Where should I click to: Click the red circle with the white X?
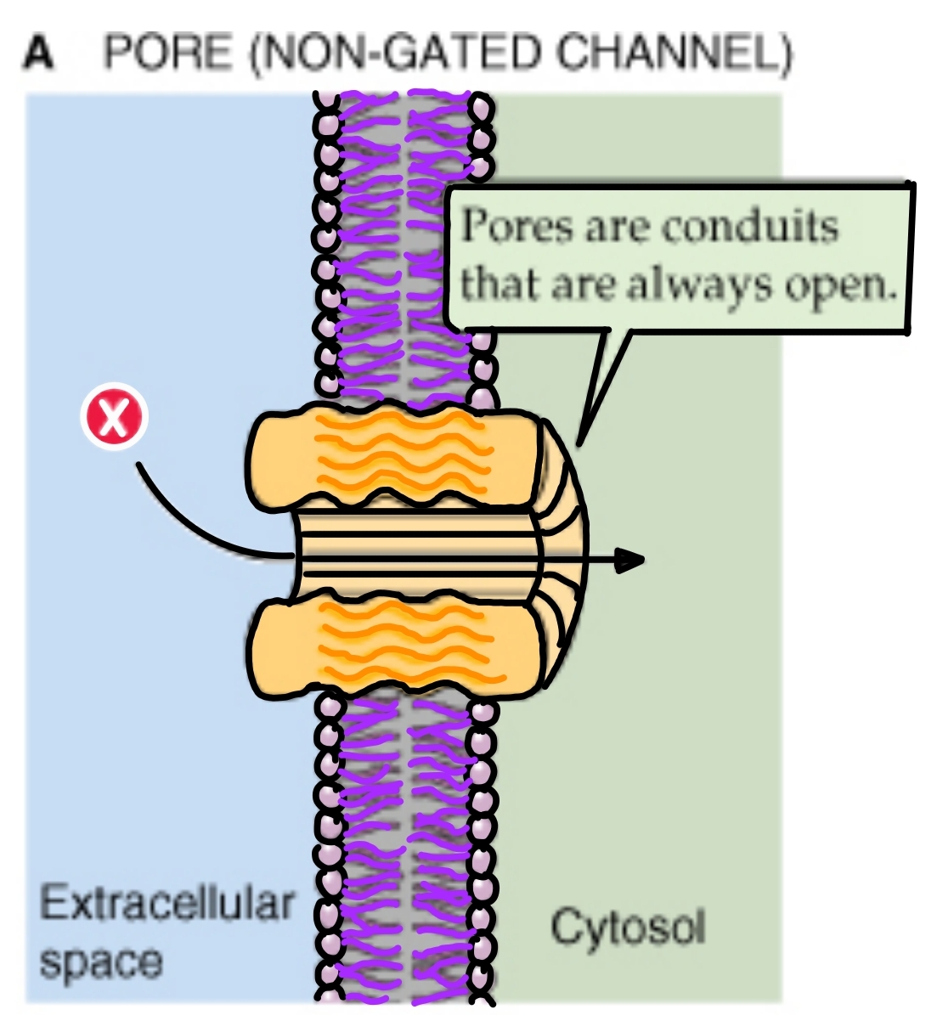pyautogui.click(x=115, y=418)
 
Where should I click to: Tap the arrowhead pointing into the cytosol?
pyautogui.click(x=629, y=560)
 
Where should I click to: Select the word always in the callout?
pyautogui.click(x=701, y=285)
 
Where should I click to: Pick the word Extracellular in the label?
pyautogui.click(x=167, y=904)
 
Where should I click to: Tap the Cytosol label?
pyautogui.click(x=628, y=927)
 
